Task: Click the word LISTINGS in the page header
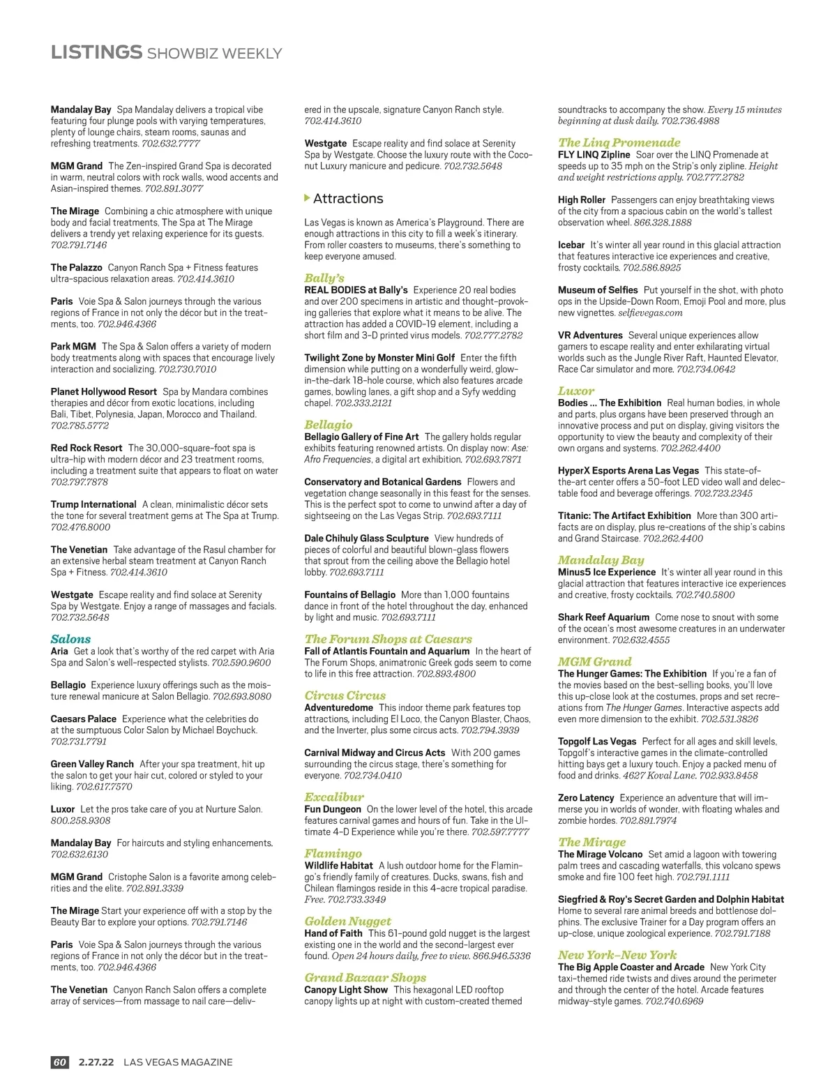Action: (x=96, y=52)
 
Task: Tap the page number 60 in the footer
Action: (x=60, y=1062)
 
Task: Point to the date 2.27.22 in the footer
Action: (x=96, y=1062)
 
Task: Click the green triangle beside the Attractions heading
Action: (x=307, y=198)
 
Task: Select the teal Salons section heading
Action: (x=70, y=639)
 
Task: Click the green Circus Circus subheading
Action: (x=345, y=695)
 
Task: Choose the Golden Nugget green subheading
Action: (x=347, y=921)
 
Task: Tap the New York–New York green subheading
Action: (x=617, y=955)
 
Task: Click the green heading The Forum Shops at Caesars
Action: (x=388, y=639)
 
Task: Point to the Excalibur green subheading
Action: (x=333, y=797)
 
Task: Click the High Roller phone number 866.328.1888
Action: (x=663, y=223)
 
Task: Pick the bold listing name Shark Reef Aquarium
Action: (x=603, y=617)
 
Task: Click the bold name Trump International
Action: (x=93, y=504)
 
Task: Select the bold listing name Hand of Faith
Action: (x=333, y=933)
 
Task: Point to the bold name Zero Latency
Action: (x=586, y=798)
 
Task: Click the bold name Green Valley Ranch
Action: (x=92, y=765)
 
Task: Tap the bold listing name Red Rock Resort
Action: (x=86, y=448)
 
